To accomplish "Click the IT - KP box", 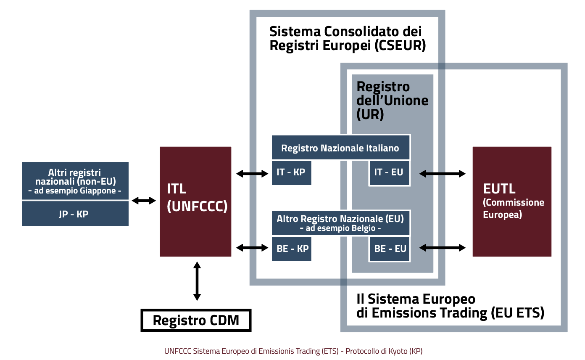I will tap(291, 172).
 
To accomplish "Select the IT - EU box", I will tap(389, 172).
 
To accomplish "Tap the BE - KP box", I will tap(291, 248).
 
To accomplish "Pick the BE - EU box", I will tap(390, 248).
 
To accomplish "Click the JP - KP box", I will tap(75, 214).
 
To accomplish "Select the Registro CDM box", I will tap(196, 320).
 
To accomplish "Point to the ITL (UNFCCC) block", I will tap(195, 201).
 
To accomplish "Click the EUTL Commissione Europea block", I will tap(512, 201).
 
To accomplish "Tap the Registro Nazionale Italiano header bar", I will tap(340, 148).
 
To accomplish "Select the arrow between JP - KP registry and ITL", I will tap(144, 201).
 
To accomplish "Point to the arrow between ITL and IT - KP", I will tap(252, 173).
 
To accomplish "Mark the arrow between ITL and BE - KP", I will tap(252, 248).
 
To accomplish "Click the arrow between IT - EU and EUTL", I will tap(443, 173).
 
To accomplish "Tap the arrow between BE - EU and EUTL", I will tap(443, 248).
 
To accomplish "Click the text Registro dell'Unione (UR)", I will tap(389, 101).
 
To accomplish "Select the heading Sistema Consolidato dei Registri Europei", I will tap(347, 38).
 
